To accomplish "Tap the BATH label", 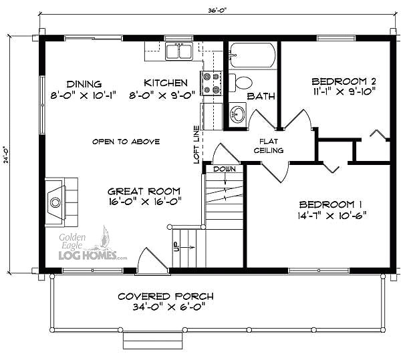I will click(261, 96).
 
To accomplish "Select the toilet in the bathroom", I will click(245, 83).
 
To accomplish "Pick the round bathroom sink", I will click(237, 112).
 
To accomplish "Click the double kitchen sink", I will click(179, 51).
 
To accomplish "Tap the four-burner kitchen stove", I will click(212, 83).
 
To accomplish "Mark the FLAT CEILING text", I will click(269, 146).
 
